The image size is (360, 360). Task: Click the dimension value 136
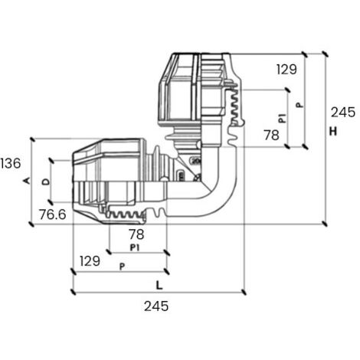coord(11,163)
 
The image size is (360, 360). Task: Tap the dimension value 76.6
coord(53,214)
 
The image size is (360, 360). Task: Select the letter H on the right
coord(333,131)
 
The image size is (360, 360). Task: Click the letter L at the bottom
coord(159,285)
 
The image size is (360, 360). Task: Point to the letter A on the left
coord(27,181)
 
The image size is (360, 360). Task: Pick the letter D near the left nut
coord(46,182)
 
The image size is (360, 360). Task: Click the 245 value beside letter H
coord(343,112)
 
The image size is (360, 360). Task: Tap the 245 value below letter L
coord(156,306)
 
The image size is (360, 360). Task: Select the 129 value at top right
coord(286,70)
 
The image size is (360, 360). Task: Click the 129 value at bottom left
coord(90,261)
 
